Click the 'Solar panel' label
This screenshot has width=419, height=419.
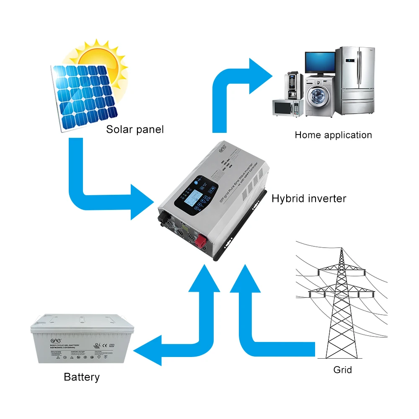click(x=134, y=129)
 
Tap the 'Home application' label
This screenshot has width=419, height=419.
click(x=333, y=135)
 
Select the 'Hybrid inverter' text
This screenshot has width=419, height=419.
click(x=309, y=198)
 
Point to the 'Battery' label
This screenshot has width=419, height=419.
click(x=82, y=377)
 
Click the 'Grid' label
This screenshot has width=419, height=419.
click(x=342, y=370)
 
